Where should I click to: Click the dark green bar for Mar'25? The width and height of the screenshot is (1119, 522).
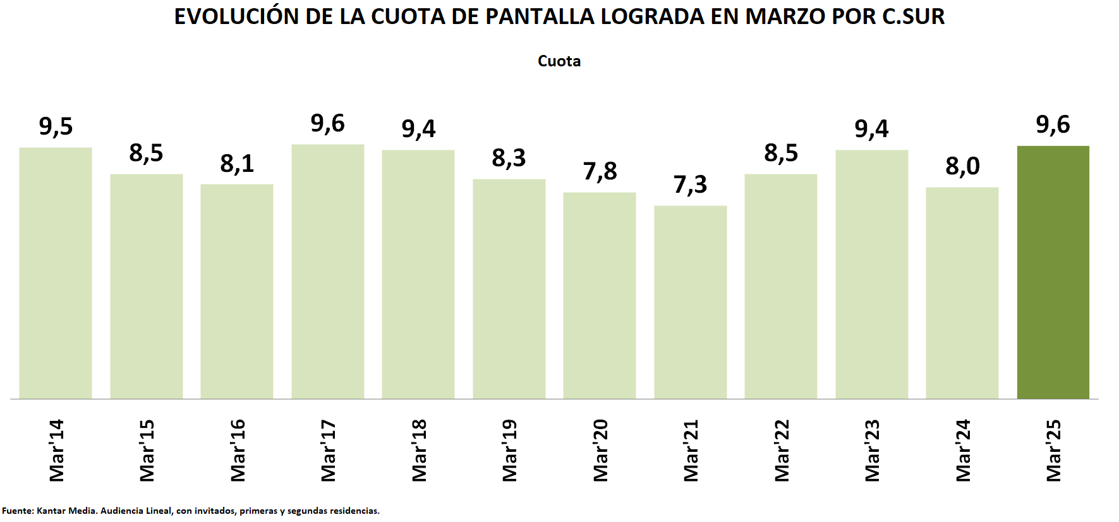point(1053,272)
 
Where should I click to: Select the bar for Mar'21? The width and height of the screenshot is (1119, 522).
point(690,302)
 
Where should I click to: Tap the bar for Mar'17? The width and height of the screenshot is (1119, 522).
point(327,272)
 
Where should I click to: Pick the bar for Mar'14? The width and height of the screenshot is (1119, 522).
point(56,273)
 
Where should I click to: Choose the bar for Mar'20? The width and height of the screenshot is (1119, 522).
point(599,295)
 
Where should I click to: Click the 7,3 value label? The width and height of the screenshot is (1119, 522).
point(690,185)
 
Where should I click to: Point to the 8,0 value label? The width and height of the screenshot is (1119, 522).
point(962,166)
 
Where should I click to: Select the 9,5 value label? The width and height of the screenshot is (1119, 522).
point(56,126)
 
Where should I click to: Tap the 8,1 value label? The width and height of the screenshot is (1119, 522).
point(237,164)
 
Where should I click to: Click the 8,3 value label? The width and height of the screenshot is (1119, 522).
point(509,158)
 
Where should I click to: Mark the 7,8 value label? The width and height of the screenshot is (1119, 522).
point(600,171)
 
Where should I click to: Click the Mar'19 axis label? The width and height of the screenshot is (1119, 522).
point(509,450)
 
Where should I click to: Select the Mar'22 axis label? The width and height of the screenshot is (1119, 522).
point(782,450)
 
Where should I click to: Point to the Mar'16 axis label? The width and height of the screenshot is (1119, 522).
point(238,450)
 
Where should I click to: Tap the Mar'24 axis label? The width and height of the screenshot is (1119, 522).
point(963,450)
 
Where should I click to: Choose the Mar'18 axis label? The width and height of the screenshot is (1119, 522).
point(419,450)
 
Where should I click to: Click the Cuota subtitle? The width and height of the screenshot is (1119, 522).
point(559,61)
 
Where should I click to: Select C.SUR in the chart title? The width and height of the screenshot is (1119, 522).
point(913,17)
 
